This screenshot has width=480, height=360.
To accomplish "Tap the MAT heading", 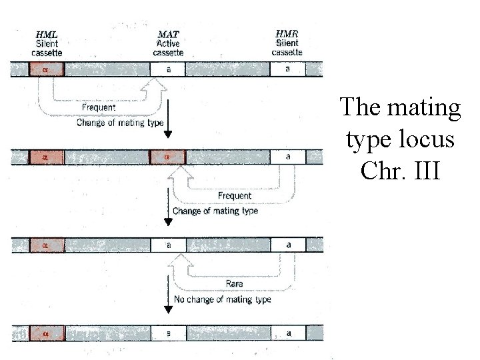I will click(x=167, y=34).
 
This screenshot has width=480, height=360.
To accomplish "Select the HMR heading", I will click(x=287, y=33).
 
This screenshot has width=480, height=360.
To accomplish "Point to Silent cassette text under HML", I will click(x=48, y=48).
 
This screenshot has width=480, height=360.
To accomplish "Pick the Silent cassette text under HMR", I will click(x=287, y=47).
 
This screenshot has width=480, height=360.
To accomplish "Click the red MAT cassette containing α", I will click(x=167, y=157).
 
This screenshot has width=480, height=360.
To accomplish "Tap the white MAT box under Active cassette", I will click(x=167, y=69).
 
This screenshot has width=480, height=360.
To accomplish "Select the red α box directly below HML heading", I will click(x=47, y=69).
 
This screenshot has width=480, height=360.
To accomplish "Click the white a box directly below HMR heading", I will click(x=287, y=69).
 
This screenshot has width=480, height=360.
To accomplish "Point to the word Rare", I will click(x=234, y=283).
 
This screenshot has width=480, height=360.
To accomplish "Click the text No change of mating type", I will click(x=222, y=299).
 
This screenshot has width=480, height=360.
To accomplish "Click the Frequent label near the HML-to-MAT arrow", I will click(x=99, y=107).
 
